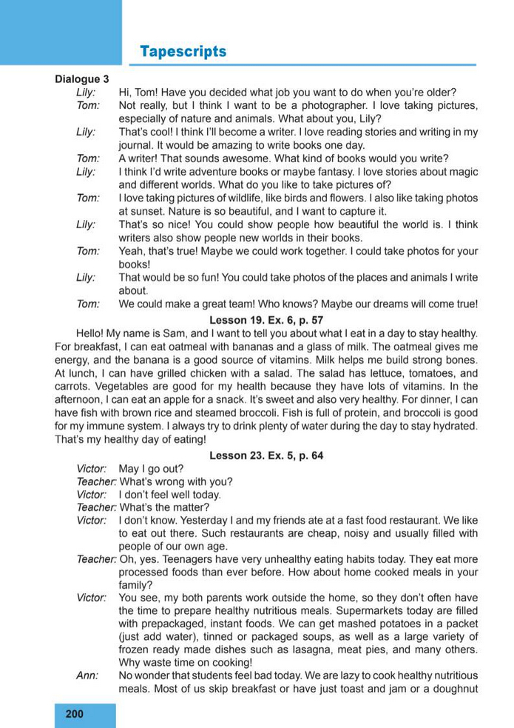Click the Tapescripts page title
pos(183,52)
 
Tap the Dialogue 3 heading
pos(82,79)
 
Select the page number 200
pos(75,714)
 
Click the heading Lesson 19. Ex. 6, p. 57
pos(266,320)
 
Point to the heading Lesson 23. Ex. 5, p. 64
pos(266,455)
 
